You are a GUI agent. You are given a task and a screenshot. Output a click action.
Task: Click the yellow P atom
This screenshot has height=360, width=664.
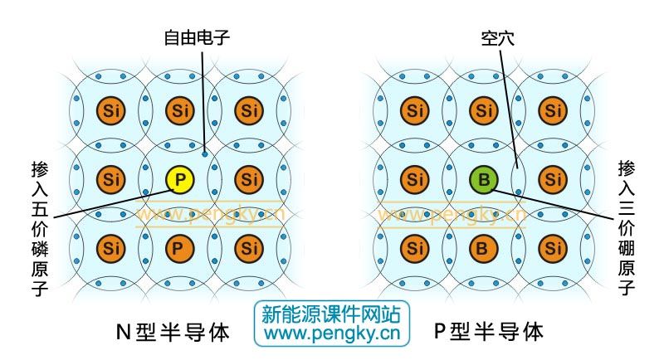point(179,179)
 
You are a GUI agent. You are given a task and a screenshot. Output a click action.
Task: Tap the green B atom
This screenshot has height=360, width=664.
point(484,179)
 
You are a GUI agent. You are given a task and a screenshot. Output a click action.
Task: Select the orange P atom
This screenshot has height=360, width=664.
point(179,248)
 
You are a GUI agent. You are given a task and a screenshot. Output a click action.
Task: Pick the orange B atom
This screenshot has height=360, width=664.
point(484,248)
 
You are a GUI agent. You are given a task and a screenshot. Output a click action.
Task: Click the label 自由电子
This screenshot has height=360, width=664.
point(197,37)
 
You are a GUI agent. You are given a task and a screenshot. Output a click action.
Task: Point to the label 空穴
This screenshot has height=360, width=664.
point(497,38)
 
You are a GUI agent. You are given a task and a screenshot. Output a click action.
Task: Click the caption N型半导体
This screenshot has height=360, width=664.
point(173,332)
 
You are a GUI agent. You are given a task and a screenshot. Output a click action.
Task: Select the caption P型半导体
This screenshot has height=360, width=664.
point(489,331)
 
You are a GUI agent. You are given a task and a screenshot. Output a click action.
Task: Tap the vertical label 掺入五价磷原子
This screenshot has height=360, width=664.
point(40,228)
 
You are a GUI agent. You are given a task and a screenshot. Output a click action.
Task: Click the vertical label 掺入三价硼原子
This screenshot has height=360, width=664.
point(627,227)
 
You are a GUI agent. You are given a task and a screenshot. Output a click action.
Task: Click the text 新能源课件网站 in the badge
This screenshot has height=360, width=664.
point(331,314)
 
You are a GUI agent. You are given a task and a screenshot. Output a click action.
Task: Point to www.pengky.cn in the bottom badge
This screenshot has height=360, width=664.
point(332,333)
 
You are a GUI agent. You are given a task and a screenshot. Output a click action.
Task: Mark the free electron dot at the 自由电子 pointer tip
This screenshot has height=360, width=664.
point(205,154)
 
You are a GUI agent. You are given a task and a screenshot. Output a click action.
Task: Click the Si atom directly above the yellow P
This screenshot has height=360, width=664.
point(179,110)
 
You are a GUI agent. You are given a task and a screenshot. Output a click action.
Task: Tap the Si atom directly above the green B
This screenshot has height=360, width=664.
point(484,110)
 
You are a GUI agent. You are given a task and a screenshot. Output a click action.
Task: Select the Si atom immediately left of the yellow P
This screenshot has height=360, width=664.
point(111,179)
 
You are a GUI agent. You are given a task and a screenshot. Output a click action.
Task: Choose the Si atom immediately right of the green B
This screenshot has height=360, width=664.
point(553,179)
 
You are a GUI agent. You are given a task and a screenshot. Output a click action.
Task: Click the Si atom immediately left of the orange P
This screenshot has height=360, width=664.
point(111,248)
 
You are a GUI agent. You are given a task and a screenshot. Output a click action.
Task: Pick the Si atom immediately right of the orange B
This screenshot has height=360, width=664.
point(553,248)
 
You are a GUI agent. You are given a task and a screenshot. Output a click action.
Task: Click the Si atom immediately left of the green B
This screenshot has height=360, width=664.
point(414,179)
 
